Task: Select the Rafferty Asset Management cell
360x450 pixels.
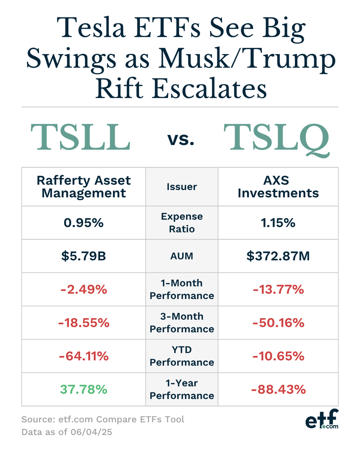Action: [x=84, y=187]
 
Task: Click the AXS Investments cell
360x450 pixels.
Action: [x=278, y=187]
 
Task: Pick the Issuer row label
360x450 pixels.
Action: [x=182, y=186]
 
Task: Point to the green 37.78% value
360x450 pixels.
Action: [x=83, y=390]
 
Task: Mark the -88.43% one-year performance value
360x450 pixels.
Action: [x=278, y=390]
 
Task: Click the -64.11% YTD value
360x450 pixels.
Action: [x=83, y=356]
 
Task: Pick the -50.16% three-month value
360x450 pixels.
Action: [x=278, y=323]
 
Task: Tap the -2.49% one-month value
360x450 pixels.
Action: [x=83, y=289]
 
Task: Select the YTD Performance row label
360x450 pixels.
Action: [x=182, y=356]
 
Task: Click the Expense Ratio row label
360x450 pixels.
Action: [x=182, y=223]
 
